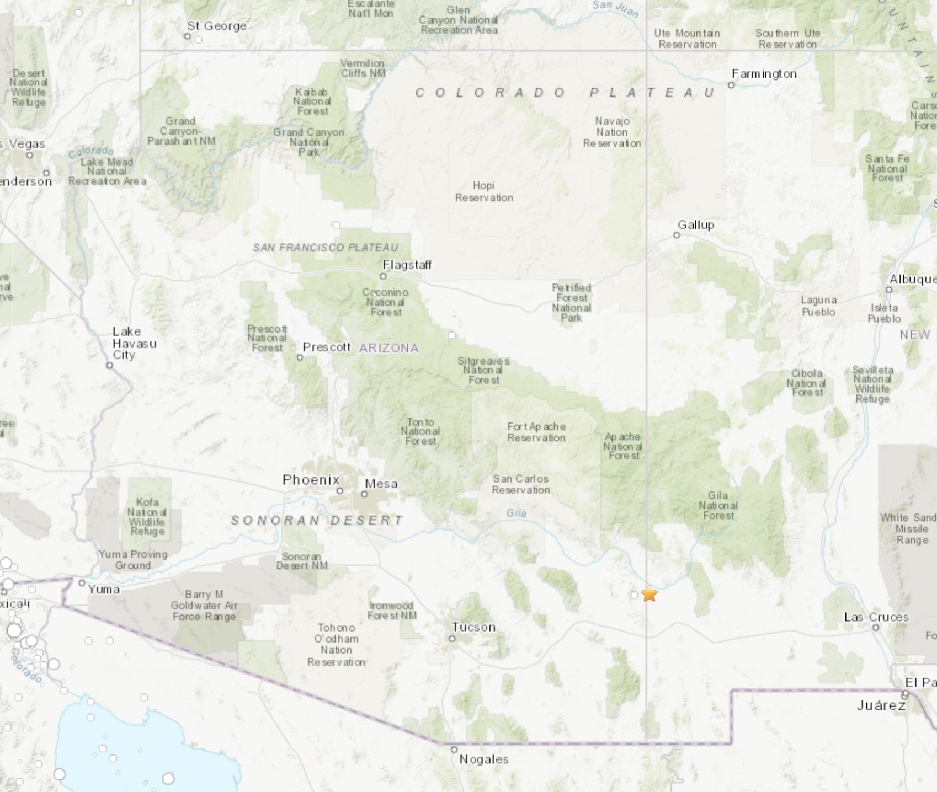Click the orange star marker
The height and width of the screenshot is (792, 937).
click(x=649, y=593)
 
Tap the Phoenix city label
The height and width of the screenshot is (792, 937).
click(x=311, y=480)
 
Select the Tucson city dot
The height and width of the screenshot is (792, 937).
click(x=452, y=638)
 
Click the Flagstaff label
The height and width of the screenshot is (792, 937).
click(x=407, y=265)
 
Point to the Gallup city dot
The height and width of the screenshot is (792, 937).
click(x=677, y=236)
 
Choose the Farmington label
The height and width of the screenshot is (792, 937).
click(x=764, y=74)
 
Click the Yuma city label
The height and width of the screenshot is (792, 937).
click(x=104, y=589)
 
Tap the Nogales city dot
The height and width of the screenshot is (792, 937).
click(x=454, y=750)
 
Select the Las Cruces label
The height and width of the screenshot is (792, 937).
click(x=876, y=617)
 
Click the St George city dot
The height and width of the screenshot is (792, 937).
click(x=188, y=36)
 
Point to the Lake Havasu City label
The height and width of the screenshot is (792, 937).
click(x=134, y=343)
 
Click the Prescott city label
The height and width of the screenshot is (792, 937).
click(x=327, y=347)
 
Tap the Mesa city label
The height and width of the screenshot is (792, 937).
click(x=381, y=484)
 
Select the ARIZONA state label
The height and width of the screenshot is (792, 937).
click(x=389, y=348)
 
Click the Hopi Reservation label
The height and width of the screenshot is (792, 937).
click(x=484, y=191)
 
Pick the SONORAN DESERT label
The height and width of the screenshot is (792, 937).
click(x=317, y=520)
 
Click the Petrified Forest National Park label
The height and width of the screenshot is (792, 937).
click(x=572, y=302)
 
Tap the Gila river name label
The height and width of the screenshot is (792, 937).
click(x=517, y=513)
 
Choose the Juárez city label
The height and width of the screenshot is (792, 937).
click(x=881, y=705)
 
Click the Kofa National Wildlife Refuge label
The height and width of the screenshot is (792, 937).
click(x=147, y=516)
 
